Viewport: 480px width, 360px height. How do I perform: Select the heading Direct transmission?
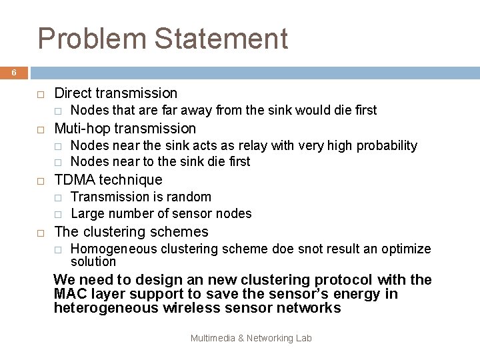pos(115,93)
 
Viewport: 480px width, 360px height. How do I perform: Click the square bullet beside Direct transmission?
pos(40,94)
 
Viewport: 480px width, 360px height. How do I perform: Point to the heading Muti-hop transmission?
pos(125,128)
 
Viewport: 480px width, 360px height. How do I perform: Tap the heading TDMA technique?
pos(107,179)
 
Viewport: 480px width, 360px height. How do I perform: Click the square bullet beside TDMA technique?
pos(40,180)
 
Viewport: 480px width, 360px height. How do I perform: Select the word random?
pos(191,197)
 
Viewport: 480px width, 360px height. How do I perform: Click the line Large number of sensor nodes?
pos(161,214)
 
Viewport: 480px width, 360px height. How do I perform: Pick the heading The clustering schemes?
pos(131,232)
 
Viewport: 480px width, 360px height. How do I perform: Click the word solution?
pos(93,262)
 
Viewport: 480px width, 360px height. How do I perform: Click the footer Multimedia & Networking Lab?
pos(251,339)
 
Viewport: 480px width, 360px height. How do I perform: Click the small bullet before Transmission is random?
pos(58,197)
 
